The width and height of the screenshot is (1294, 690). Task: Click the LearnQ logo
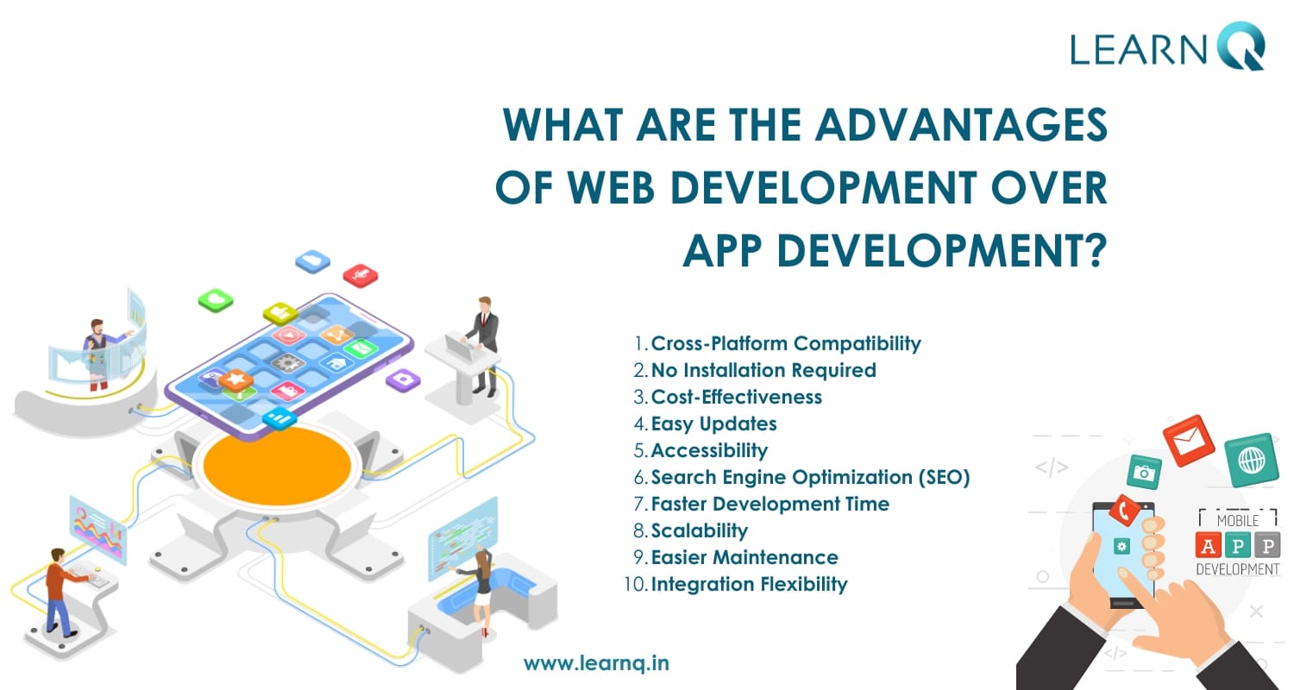pos(1167,47)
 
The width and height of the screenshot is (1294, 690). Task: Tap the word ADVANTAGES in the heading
pos(961,125)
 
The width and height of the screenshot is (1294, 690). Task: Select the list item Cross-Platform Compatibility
pos(786,343)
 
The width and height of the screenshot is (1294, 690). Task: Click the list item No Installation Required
pos(763,370)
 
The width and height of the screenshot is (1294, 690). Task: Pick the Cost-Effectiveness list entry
pos(736,398)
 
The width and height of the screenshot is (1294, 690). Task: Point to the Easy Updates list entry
pos(713,423)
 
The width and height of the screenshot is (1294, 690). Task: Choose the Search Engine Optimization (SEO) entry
pos(810,478)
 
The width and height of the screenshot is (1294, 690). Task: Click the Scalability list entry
pos(699,530)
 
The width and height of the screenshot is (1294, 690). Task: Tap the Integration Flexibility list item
pos(749,584)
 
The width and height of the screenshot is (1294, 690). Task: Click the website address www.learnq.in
pos(596,663)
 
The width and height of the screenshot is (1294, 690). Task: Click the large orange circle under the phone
pos(277,466)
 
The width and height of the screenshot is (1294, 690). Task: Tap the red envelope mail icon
pos(1190,441)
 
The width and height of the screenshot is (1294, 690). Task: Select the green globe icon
pos(1251,461)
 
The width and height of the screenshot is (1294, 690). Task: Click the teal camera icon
pos(1144,473)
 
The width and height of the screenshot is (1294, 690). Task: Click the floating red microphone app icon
pos(361,275)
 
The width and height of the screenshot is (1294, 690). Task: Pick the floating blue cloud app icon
pos(312,261)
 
